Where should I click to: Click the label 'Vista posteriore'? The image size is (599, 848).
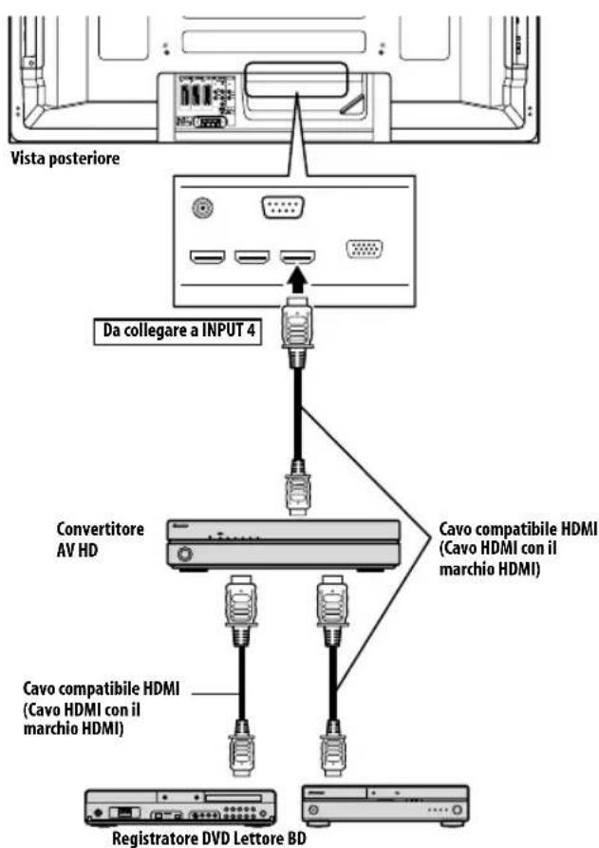click(65, 159)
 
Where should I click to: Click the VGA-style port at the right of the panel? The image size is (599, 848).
click(365, 252)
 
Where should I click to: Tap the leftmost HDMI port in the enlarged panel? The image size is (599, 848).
click(206, 256)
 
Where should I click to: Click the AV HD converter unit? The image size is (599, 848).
click(284, 545)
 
